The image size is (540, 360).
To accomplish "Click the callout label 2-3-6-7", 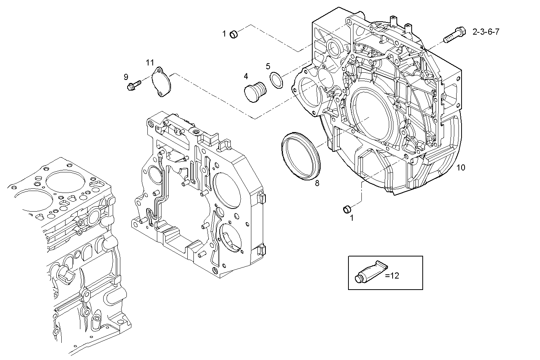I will click(486, 32).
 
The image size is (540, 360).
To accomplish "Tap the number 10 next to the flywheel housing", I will click(460, 167).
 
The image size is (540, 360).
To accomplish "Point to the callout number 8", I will click(317, 183).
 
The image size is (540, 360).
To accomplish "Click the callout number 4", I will click(246, 76).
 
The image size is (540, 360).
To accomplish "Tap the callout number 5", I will click(268, 66).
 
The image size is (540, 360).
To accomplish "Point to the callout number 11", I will click(150, 62).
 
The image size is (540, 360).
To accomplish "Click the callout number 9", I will click(126, 77).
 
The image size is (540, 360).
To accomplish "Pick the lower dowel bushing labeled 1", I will click(347, 209).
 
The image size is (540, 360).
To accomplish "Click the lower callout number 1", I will click(351, 218).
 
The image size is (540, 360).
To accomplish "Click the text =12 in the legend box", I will click(392, 276).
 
